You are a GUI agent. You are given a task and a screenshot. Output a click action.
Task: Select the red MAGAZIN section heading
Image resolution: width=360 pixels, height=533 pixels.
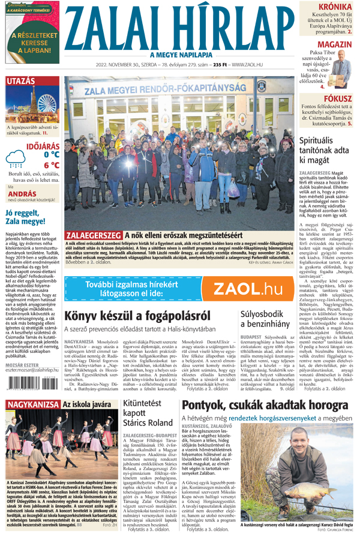click(x=335, y=45)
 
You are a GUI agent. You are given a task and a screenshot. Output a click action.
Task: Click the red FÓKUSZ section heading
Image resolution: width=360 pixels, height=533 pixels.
click(x=338, y=98)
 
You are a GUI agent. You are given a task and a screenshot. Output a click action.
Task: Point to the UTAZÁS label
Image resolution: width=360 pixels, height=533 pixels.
click(x=21, y=81)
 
